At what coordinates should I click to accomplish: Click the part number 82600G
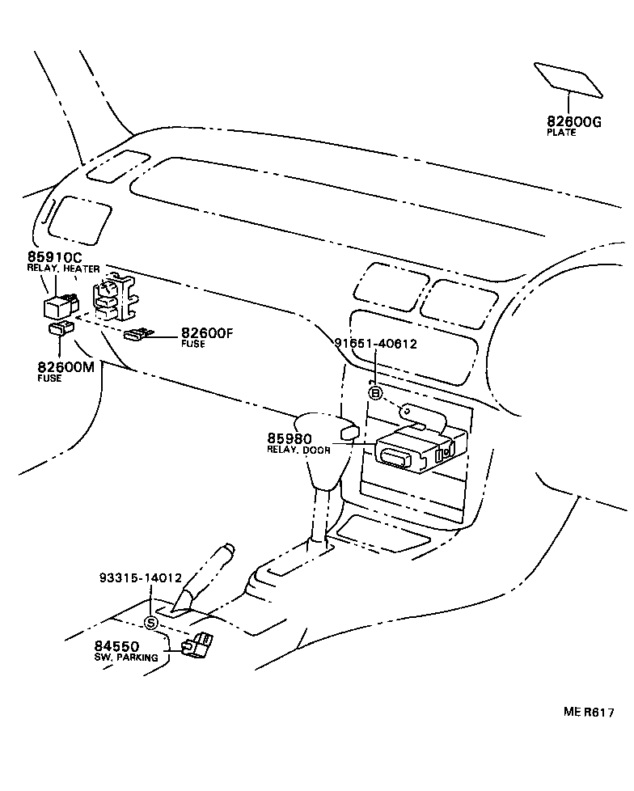574,121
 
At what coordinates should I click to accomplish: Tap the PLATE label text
561,133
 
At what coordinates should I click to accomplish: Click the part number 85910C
56,258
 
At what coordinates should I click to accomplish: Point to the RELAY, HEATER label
63,269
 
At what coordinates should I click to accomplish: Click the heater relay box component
60,306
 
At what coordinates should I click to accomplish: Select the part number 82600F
207,333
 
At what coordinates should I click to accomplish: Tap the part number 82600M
66,367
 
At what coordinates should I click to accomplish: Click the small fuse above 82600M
61,328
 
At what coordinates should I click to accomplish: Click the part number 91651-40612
375,343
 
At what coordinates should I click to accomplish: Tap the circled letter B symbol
375,393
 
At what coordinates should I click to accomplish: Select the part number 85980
290,439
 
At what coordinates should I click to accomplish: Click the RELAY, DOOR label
298,450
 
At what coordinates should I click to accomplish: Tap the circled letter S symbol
151,622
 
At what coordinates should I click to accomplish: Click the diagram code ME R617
589,713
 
